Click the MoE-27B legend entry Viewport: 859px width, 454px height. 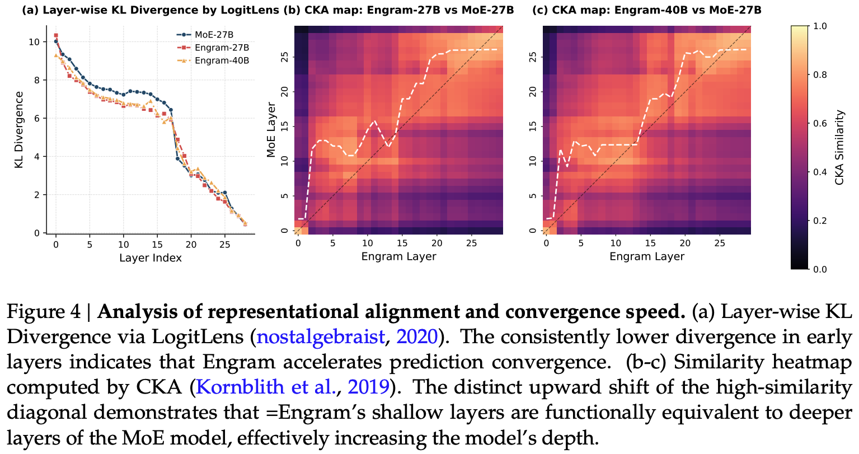tap(213, 35)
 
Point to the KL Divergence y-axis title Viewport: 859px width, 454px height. tap(18, 130)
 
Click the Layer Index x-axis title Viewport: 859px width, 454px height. tap(150, 258)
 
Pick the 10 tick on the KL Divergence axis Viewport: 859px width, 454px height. tap(35, 42)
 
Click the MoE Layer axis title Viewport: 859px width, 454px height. tap(271, 129)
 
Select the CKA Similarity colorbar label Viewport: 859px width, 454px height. tap(839, 147)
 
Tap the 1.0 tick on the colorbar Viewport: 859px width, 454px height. tap(820, 26)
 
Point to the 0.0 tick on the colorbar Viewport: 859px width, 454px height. tap(820, 269)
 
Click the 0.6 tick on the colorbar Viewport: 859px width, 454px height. tap(820, 123)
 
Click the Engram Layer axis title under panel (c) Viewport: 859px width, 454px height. tap(646, 256)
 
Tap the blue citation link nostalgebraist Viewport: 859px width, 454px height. tap(320, 337)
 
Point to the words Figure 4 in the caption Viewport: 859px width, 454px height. tap(43, 312)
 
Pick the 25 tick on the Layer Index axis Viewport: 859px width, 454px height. tap(224, 245)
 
